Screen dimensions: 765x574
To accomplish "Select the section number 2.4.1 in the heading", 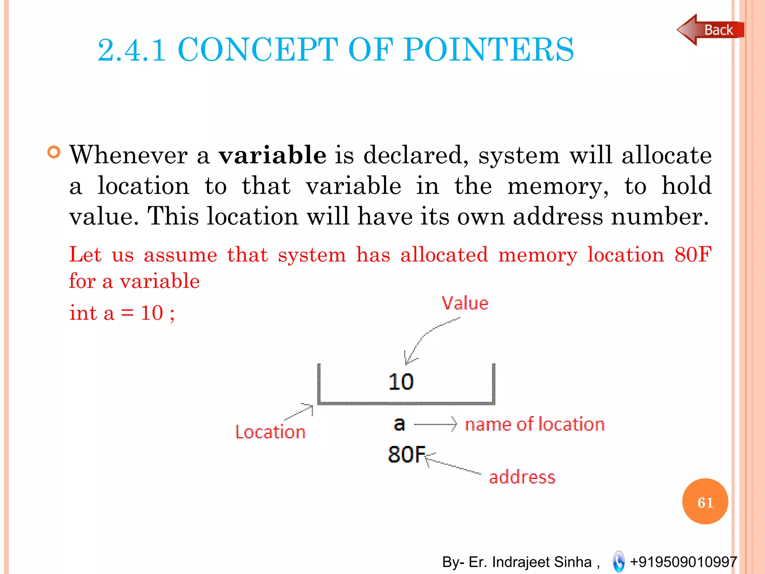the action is [x=131, y=50].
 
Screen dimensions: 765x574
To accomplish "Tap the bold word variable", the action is [x=272, y=155].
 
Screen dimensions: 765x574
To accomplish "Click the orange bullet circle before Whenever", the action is [x=54, y=152].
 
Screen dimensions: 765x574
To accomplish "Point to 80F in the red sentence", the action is [x=693, y=254].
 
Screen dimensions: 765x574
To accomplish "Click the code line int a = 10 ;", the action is [x=122, y=313].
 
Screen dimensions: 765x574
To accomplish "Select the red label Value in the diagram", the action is [x=465, y=303].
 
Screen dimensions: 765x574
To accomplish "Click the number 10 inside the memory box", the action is [x=401, y=382].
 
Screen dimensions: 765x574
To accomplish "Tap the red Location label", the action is [x=270, y=432].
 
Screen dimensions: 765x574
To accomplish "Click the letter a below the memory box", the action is [x=399, y=424].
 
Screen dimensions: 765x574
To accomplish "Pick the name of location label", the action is [x=535, y=425].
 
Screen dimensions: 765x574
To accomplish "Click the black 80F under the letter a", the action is [x=406, y=454].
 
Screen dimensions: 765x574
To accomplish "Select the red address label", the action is [x=522, y=477].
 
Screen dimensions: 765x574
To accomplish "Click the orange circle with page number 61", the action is [x=705, y=502].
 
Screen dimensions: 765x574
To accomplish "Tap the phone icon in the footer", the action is [x=619, y=561].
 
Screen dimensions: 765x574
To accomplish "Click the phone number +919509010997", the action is [x=683, y=562].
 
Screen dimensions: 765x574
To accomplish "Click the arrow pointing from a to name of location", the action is [x=435, y=424].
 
